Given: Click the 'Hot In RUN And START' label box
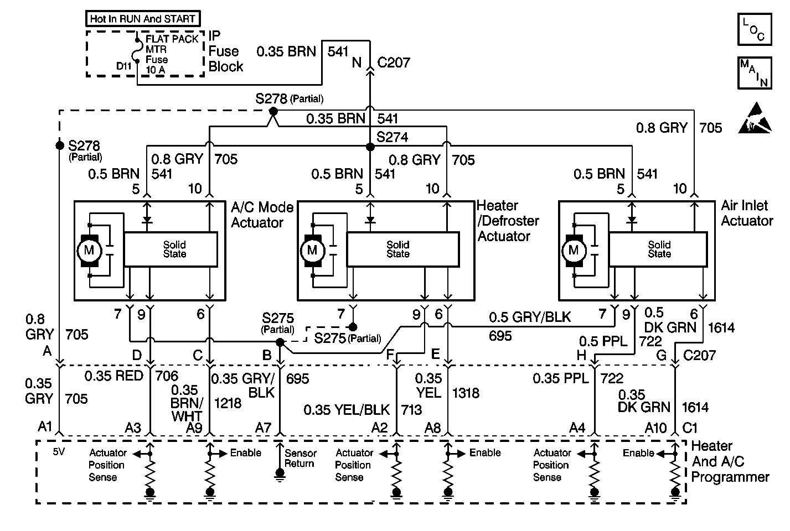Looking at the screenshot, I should tap(143, 19).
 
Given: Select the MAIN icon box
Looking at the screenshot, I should tap(754, 72).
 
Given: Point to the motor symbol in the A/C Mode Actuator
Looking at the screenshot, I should tap(89, 251).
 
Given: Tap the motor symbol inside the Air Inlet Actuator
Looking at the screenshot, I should tap(573, 251).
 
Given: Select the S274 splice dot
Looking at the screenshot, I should tap(369, 147).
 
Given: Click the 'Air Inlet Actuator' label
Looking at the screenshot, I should tap(746, 214).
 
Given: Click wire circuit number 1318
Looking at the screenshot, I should tap(466, 393).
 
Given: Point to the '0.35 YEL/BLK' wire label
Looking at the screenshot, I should tap(347, 410).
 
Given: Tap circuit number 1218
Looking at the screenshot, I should tap(228, 403).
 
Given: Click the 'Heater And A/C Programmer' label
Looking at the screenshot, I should tap(730, 461).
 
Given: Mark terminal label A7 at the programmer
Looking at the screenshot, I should tap(264, 427).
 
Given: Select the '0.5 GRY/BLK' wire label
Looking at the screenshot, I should tap(529, 317).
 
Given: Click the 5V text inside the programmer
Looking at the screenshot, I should tap(59, 452).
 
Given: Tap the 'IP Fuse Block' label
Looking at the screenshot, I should tap(225, 51).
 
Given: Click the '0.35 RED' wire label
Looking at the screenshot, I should tap(113, 376).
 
